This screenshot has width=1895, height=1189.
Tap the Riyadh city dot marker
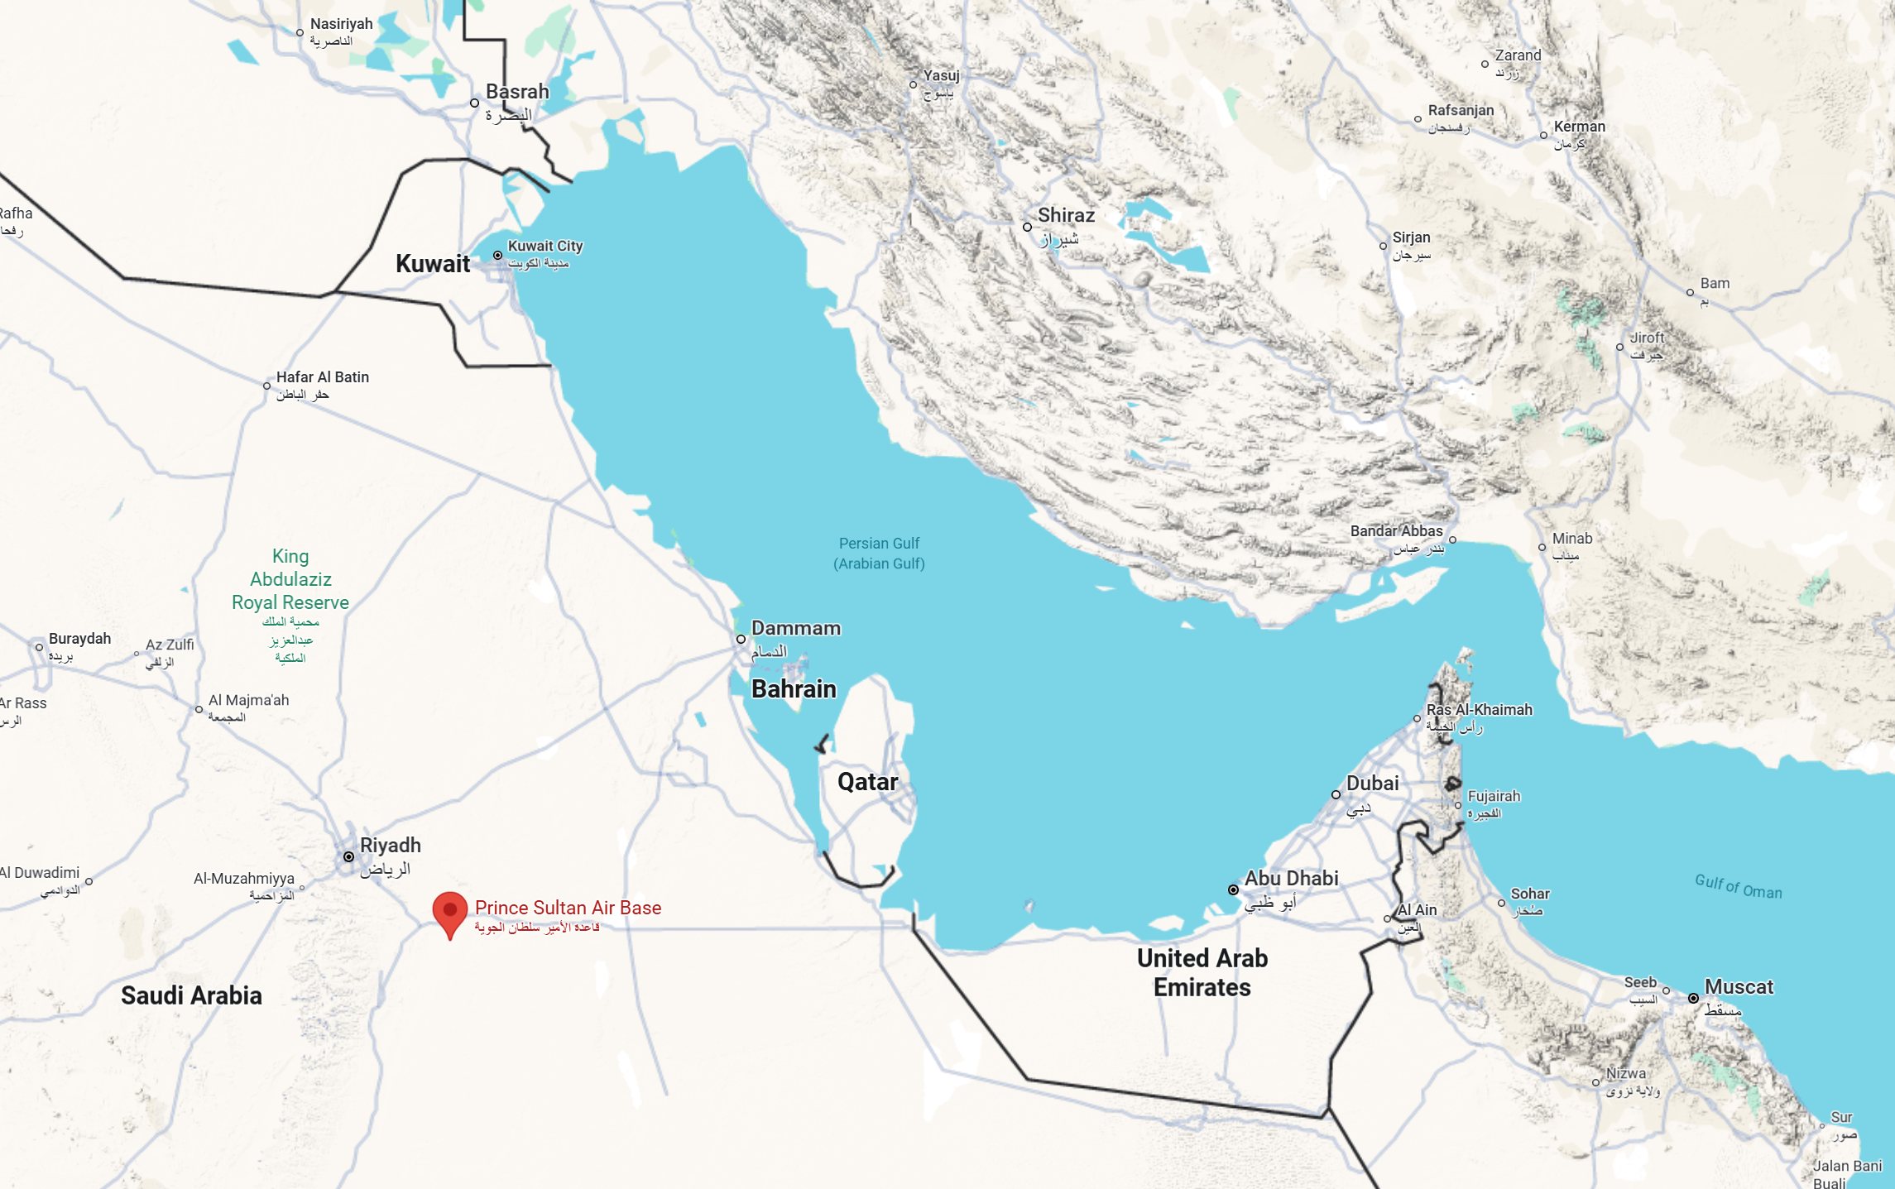(x=349, y=856)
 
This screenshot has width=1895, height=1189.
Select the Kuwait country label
(x=432, y=264)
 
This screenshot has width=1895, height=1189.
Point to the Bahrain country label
(x=794, y=689)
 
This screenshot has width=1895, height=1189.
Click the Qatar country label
(x=867, y=782)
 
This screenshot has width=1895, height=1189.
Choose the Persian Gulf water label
(x=879, y=553)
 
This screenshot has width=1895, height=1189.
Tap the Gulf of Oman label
(x=1738, y=886)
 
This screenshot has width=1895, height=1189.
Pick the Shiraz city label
(x=1066, y=215)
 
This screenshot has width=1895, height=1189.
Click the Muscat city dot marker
(x=1693, y=998)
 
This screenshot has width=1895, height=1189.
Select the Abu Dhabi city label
(x=1291, y=879)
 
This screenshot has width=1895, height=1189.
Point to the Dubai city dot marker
(x=1336, y=794)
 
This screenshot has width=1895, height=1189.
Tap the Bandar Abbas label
(x=1396, y=531)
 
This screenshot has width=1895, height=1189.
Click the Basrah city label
(x=517, y=92)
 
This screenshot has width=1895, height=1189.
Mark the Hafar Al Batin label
(x=322, y=377)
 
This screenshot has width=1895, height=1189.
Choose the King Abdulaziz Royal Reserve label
(x=290, y=579)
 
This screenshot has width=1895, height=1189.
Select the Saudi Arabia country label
(x=191, y=995)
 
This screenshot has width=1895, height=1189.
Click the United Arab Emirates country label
(x=1202, y=972)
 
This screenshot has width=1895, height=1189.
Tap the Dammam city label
(x=795, y=629)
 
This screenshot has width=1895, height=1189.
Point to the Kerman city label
(x=1579, y=127)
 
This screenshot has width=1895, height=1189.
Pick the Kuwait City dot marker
(x=497, y=256)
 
